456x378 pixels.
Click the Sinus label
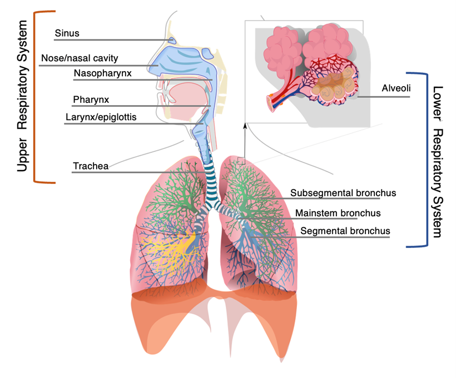pos(67,33)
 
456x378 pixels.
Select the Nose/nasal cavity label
pos(80,58)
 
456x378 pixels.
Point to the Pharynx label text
pos(90,100)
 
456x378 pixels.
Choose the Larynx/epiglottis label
pos(101,117)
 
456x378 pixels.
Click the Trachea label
pos(90,166)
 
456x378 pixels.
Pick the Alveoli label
pos(395,88)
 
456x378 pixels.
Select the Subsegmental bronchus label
pos(343,193)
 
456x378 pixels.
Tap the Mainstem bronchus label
pos(338,213)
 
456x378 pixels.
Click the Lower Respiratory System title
pos(437,161)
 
